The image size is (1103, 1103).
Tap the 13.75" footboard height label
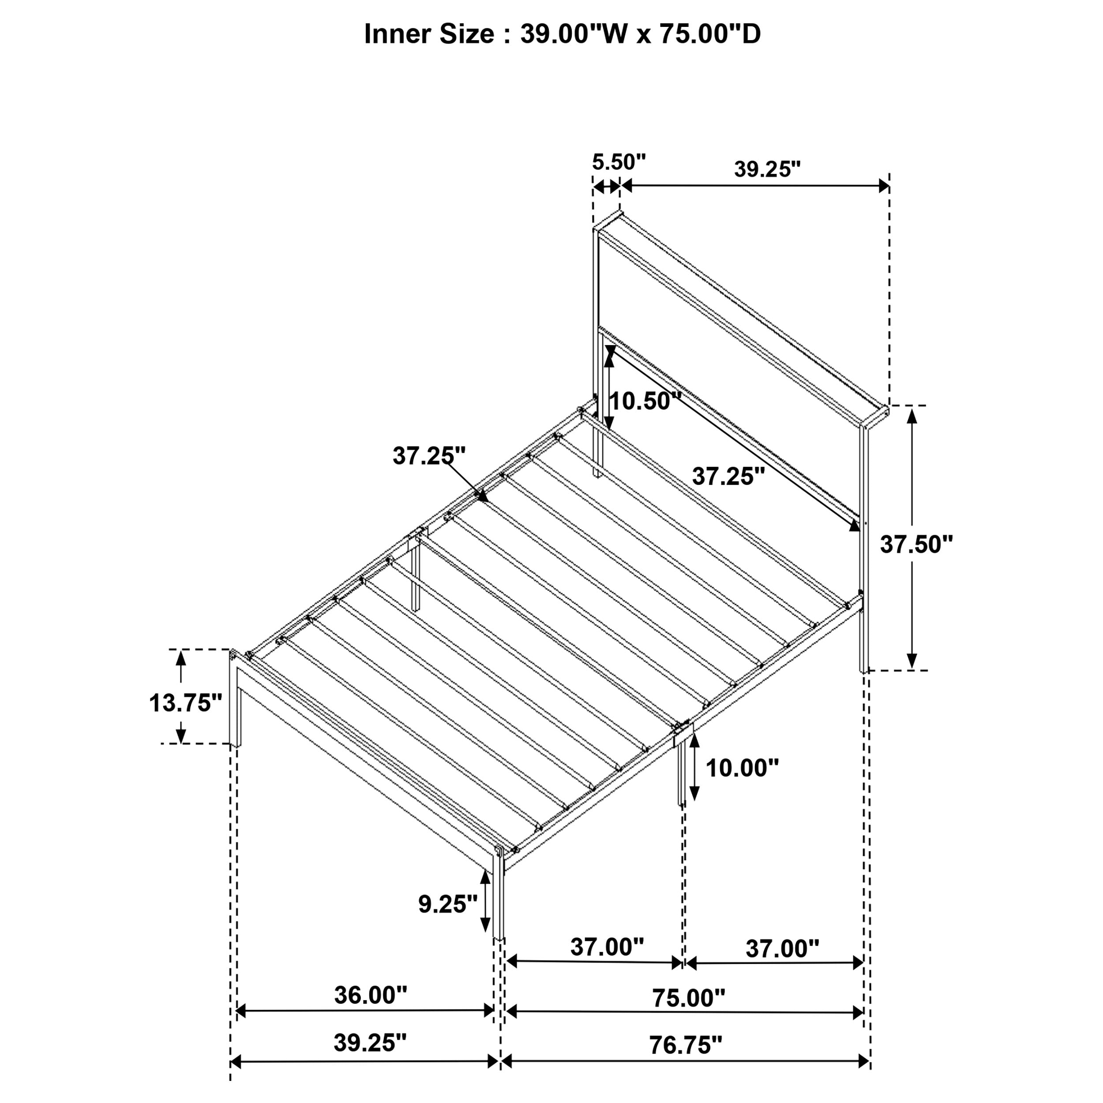pyautogui.click(x=186, y=703)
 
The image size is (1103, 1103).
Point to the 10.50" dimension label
pyautogui.click(x=645, y=401)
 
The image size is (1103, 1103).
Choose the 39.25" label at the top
pyautogui.click(x=767, y=169)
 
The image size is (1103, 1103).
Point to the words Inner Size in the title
pyautogui.click(x=429, y=34)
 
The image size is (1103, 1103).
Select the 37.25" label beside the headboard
pyautogui.click(x=728, y=476)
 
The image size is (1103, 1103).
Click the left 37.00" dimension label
pyautogui.click(x=607, y=947)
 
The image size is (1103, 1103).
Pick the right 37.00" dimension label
pyautogui.click(x=782, y=949)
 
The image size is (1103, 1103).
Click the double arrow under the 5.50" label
pyautogui.click(x=606, y=186)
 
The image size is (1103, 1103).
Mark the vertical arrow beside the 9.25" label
pyautogui.click(x=485, y=905)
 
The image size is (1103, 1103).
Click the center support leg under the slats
pyautogui.click(x=416, y=577)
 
